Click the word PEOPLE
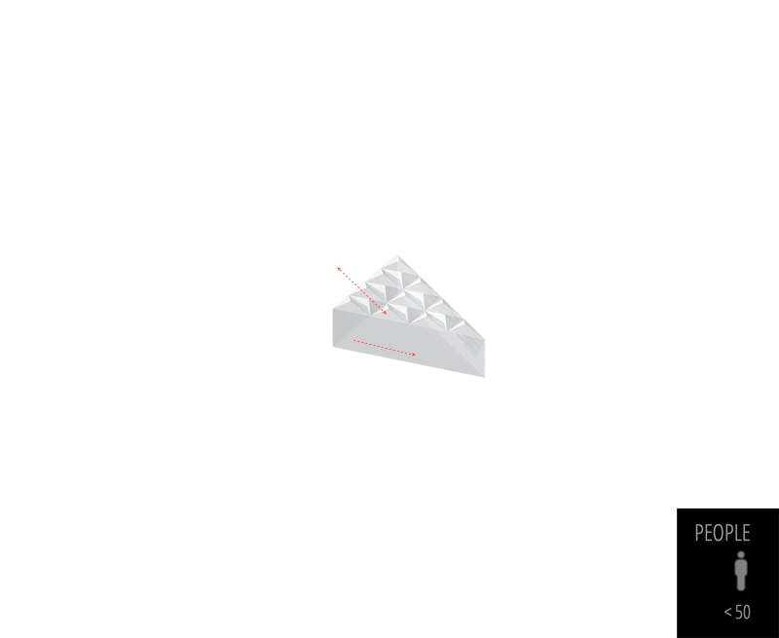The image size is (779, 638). pyautogui.click(x=722, y=534)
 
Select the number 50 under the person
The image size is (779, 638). pyautogui.click(x=743, y=613)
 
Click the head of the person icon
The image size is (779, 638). pyautogui.click(x=741, y=555)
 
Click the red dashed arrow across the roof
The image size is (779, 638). pyautogui.click(x=362, y=290)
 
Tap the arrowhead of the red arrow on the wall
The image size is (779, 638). pyautogui.click(x=415, y=354)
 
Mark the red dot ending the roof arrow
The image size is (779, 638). pyautogui.click(x=339, y=268)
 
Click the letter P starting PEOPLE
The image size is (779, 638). pyautogui.click(x=699, y=534)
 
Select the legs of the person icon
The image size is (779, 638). pyautogui.click(x=741, y=582)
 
